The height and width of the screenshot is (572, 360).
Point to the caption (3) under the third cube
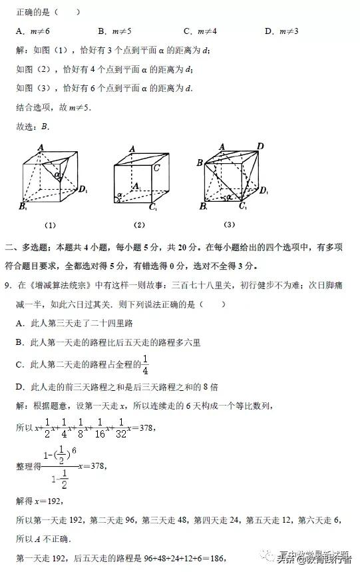[230, 224]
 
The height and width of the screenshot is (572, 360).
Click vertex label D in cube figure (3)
[260, 146]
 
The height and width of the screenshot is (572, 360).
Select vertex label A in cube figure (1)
[41, 148]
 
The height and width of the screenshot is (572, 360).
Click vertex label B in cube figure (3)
[199, 162]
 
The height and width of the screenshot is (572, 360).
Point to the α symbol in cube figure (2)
[119, 196]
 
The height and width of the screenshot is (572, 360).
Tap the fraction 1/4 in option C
[145, 365]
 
